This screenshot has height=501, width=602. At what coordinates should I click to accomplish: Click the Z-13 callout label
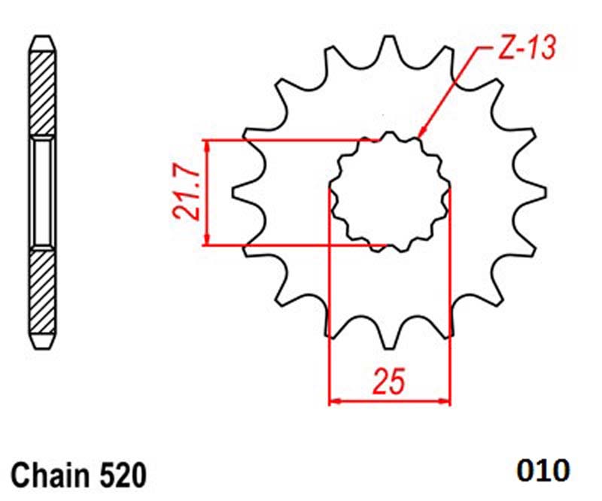527,49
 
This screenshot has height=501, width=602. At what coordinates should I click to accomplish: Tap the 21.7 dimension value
187,192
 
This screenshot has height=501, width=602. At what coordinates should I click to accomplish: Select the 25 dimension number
389,381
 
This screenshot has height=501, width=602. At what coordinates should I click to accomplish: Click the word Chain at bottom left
50,475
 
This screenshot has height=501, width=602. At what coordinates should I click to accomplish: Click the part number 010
543,470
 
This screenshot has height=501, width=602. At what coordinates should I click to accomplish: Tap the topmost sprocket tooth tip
389,37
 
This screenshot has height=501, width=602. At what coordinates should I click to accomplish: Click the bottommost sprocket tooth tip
389,348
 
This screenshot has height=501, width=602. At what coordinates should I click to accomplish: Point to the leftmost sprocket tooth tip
233,192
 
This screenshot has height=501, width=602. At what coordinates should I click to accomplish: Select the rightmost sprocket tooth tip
545,192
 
